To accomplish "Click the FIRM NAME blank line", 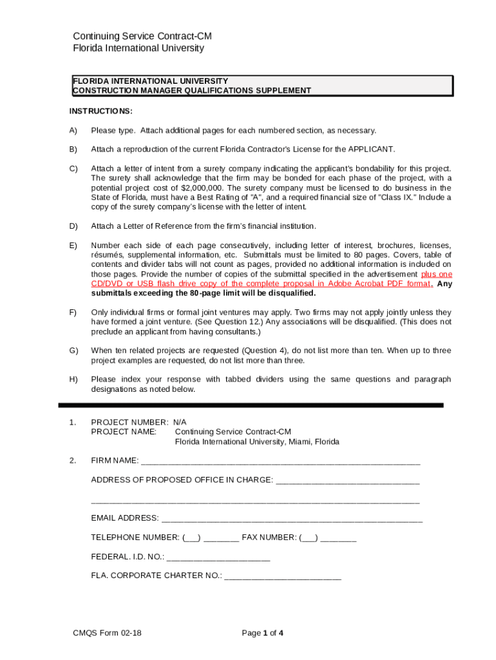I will tap(280, 461).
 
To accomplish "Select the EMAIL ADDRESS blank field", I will tap(292, 519).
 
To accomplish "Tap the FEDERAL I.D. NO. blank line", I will tap(218, 558).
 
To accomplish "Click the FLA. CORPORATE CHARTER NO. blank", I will tap(282, 576).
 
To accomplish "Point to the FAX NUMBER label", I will tap(269, 538).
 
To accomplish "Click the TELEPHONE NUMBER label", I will tap(135, 538).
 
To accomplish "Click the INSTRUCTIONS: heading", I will tap(101, 112).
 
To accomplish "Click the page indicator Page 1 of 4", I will tap(262, 633).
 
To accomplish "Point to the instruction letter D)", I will tap(73, 226).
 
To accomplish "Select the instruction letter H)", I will tap(73, 380).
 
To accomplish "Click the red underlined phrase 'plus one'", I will tap(436, 274).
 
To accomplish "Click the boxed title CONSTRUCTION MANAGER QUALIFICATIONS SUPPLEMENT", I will tap(192, 91).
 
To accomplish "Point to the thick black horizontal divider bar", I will tap(251, 405).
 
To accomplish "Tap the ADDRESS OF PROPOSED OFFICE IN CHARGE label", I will tap(182, 480).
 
